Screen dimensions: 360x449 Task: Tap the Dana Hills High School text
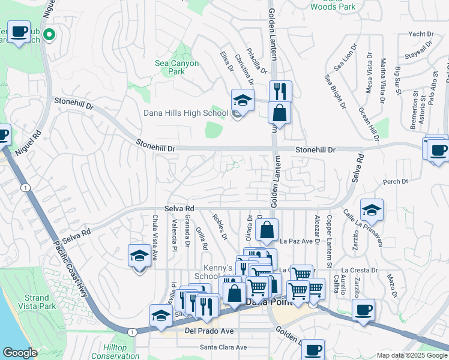[x=185, y=113]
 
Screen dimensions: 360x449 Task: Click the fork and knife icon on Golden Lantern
[x=280, y=92]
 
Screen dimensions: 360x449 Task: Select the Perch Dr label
[x=395, y=181]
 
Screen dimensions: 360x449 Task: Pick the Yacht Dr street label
[x=420, y=34]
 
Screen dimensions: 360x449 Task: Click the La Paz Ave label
[x=297, y=241]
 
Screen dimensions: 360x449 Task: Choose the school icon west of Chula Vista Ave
[x=139, y=256]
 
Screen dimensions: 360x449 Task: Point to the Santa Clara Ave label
[x=223, y=347]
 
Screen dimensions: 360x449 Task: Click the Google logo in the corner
[x=20, y=353]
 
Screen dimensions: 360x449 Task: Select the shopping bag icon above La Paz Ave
[x=267, y=230]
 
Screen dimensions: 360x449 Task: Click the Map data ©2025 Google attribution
[x=411, y=355]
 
